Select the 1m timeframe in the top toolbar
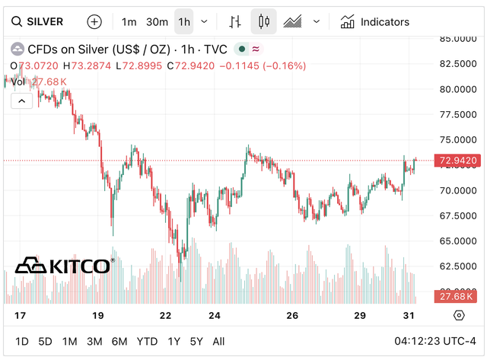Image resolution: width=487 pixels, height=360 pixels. [129, 22]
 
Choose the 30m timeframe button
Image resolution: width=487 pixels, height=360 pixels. [157, 22]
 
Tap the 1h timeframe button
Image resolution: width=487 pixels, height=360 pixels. [184, 22]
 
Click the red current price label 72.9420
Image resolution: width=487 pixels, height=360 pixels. [458, 161]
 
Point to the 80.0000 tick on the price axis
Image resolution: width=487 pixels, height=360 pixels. [458, 89]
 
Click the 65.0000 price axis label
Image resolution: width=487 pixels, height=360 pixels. [458, 241]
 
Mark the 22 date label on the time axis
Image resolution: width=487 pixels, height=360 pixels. [166, 315]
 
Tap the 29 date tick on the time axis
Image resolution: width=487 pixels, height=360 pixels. [360, 315]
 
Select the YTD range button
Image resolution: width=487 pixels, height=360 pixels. [147, 341]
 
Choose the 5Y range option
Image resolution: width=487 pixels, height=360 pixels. [196, 341]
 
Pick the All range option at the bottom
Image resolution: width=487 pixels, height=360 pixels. [218, 341]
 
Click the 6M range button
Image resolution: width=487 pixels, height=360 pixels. [119, 341]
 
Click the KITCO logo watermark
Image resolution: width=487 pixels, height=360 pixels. [64, 266]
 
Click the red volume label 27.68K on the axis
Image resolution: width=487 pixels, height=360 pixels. [458, 296]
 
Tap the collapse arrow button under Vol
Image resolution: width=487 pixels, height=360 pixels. [21, 100]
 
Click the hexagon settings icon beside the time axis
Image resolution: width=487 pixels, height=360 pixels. [458, 315]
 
